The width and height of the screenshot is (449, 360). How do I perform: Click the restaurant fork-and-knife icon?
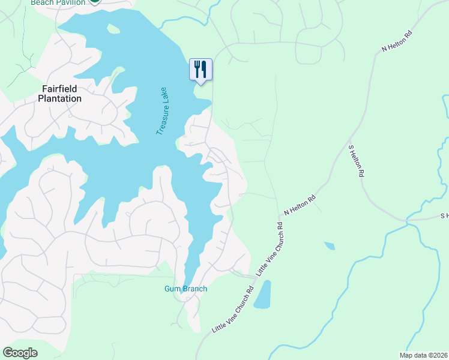[200, 69]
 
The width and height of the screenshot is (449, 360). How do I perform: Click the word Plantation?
[60, 98]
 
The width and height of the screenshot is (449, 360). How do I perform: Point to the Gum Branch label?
[185, 289]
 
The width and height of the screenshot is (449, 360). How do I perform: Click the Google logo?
[20, 352]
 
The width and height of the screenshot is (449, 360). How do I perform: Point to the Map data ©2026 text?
[423, 355]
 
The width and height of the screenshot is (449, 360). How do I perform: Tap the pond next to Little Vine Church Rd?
[262, 295]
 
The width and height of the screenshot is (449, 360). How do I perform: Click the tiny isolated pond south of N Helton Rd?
[330, 246]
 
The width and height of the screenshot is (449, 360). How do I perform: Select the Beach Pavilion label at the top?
[56, 2]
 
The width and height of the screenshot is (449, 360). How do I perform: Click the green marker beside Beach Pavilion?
[94, 2]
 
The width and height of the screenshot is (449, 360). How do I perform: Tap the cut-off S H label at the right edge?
[444, 215]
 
